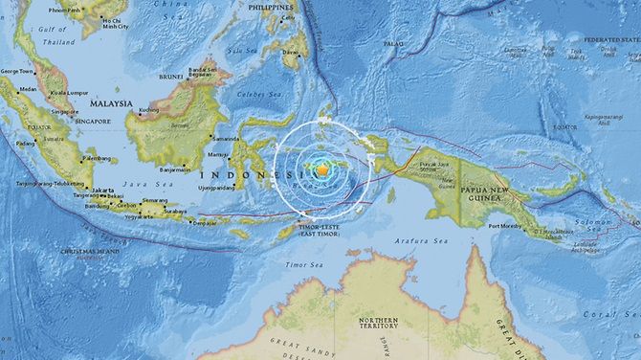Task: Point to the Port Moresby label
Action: (505, 227)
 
